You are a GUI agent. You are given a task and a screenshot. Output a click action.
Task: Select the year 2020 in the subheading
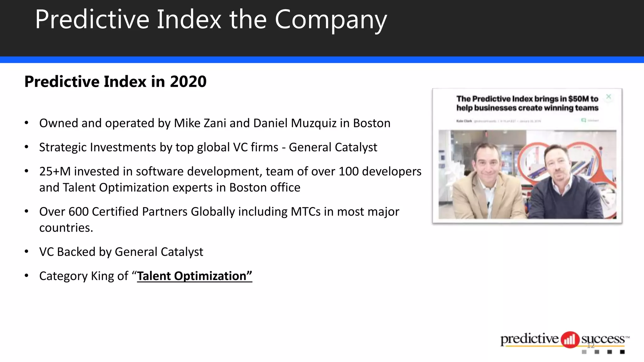[x=188, y=82]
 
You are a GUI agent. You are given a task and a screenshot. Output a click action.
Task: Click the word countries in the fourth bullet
[x=66, y=228]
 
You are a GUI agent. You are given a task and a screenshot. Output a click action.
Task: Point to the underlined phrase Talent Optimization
[x=194, y=276]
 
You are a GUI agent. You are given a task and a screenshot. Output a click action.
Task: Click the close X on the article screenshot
[x=608, y=97]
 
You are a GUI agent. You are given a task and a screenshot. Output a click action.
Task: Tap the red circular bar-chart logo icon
[x=570, y=340]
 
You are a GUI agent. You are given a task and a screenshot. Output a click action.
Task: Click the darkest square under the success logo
[x=622, y=352]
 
